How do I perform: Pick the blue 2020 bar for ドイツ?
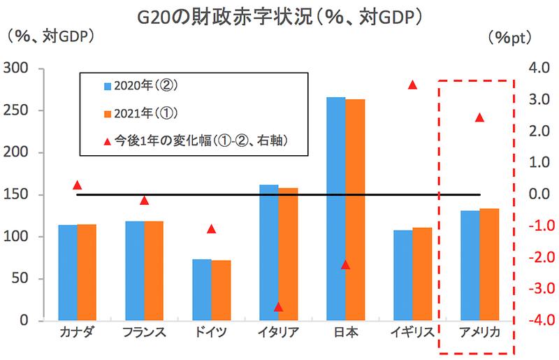202,289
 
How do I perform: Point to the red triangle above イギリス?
412,85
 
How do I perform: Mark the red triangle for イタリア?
278,307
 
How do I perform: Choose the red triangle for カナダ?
78,185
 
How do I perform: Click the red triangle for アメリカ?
479,117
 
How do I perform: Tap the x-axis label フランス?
144,332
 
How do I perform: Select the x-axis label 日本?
345,332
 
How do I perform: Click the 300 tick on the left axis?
15,69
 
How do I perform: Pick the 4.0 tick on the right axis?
539,69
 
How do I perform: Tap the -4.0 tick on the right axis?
538,321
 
